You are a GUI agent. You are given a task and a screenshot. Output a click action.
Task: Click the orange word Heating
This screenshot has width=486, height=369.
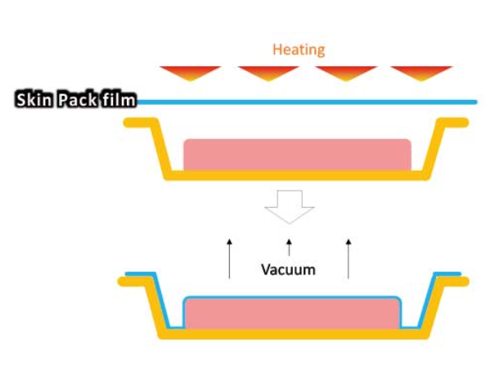[299, 50]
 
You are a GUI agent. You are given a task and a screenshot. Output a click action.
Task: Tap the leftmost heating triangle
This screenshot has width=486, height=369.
[191, 73]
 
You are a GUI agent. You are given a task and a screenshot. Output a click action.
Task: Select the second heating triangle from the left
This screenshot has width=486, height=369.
[268, 73]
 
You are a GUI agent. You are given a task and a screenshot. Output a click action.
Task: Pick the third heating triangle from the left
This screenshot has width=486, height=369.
[346, 73]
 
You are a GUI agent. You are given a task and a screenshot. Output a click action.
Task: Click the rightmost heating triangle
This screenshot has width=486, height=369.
[421, 73]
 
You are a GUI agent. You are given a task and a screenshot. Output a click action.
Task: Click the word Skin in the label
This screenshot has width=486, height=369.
[34, 100]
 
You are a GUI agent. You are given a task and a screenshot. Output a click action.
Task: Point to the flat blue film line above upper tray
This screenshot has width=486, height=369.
[307, 102]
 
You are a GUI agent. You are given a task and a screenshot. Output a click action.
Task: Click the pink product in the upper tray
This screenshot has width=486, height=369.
[297, 155]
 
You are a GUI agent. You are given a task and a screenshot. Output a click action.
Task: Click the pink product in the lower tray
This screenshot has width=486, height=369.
[292, 313]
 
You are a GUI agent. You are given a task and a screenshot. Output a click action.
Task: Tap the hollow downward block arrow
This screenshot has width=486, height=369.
[290, 207]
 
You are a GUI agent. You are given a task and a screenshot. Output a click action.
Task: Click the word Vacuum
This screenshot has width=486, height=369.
[288, 269]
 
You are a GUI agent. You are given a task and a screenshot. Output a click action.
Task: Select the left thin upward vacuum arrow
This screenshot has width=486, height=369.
[229, 259]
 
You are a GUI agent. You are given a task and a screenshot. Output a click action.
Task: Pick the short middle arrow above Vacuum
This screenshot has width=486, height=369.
[289, 247]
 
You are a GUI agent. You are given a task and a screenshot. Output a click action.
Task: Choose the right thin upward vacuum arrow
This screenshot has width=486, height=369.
[349, 259]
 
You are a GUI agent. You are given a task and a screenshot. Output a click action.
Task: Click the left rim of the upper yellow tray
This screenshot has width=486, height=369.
[140, 123]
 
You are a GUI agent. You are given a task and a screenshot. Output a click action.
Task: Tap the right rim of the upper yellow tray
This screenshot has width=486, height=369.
[453, 123]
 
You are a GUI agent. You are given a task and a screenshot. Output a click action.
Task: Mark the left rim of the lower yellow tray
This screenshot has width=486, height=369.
[134, 281]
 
